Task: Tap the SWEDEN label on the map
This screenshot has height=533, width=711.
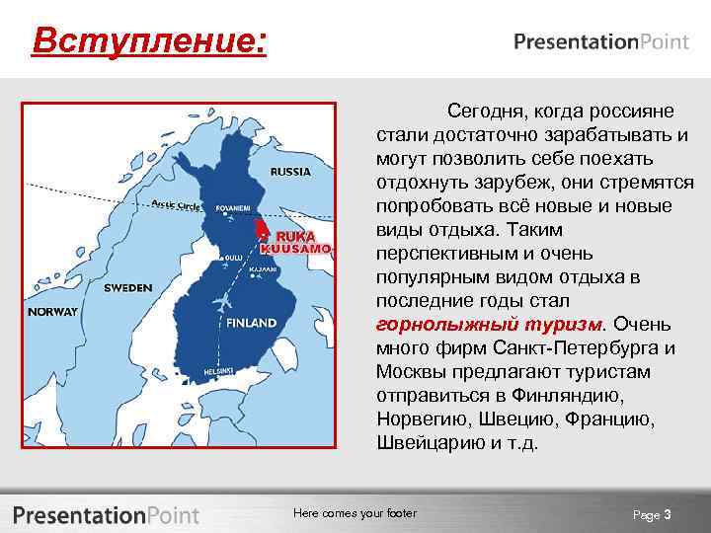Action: pyautogui.click(x=127, y=287)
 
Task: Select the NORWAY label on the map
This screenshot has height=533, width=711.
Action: pyautogui.click(x=53, y=311)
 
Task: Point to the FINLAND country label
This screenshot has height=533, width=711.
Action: pyautogui.click(x=251, y=323)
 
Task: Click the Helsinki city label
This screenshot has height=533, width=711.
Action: pyautogui.click(x=217, y=370)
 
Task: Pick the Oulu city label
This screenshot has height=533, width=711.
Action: pyautogui.click(x=234, y=258)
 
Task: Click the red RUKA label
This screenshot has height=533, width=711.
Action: pyautogui.click(x=294, y=237)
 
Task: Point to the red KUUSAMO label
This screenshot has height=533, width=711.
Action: pyautogui.click(x=300, y=250)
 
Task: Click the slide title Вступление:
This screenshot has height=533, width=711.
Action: pyautogui.click(x=148, y=41)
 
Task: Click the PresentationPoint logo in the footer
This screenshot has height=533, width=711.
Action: pyautogui.click(x=106, y=514)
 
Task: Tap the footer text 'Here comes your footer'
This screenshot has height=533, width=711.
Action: pyautogui.click(x=355, y=513)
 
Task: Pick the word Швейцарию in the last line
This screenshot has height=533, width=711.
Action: pyautogui.click(x=422, y=442)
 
